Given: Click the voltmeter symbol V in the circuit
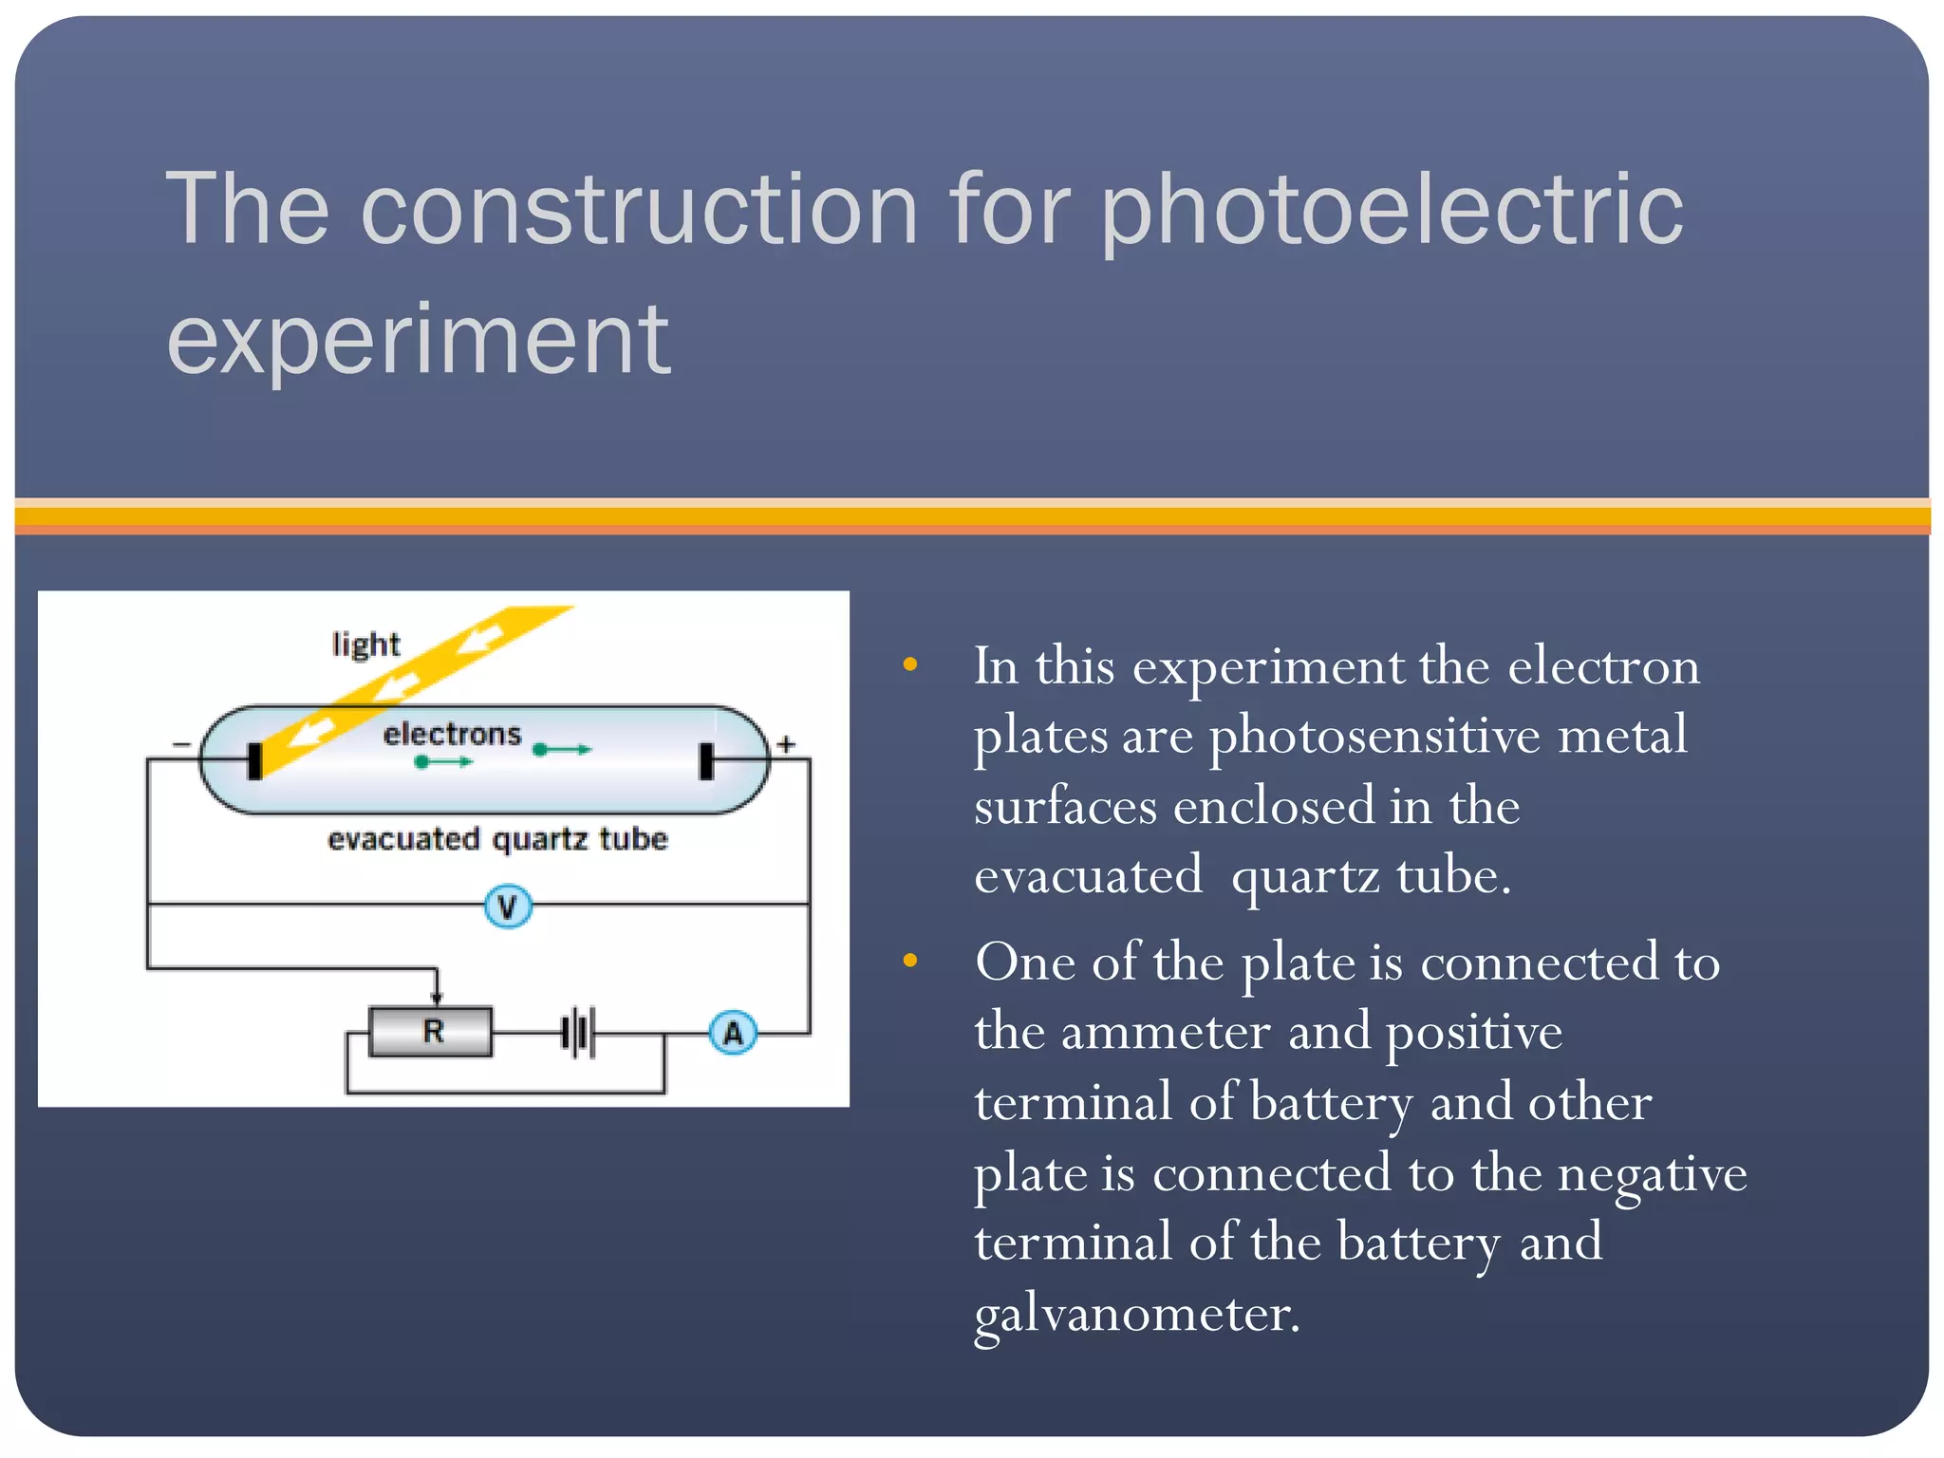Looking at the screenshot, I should [x=508, y=907].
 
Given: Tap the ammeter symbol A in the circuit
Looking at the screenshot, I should [x=733, y=1033].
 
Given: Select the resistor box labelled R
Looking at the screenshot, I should [x=432, y=1032].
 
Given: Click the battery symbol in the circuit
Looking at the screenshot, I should [x=578, y=1033].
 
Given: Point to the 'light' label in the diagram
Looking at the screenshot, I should [x=365, y=645].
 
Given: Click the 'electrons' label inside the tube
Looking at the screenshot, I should [x=452, y=734].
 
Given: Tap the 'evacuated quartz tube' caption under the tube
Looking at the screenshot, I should [x=497, y=839].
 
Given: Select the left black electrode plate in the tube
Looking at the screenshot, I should [x=254, y=760].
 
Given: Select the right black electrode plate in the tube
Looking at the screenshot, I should [x=705, y=761].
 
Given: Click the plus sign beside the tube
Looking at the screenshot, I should [x=786, y=744].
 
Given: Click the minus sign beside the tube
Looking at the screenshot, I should [x=181, y=745].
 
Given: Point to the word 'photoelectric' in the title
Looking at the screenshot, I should [x=1391, y=211].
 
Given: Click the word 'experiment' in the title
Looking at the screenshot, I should [x=419, y=340].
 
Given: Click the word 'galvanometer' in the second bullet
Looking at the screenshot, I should [x=1136, y=1316].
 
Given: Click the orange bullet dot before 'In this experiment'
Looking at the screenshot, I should [x=910, y=664].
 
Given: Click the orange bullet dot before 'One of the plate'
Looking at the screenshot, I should [x=910, y=961].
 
